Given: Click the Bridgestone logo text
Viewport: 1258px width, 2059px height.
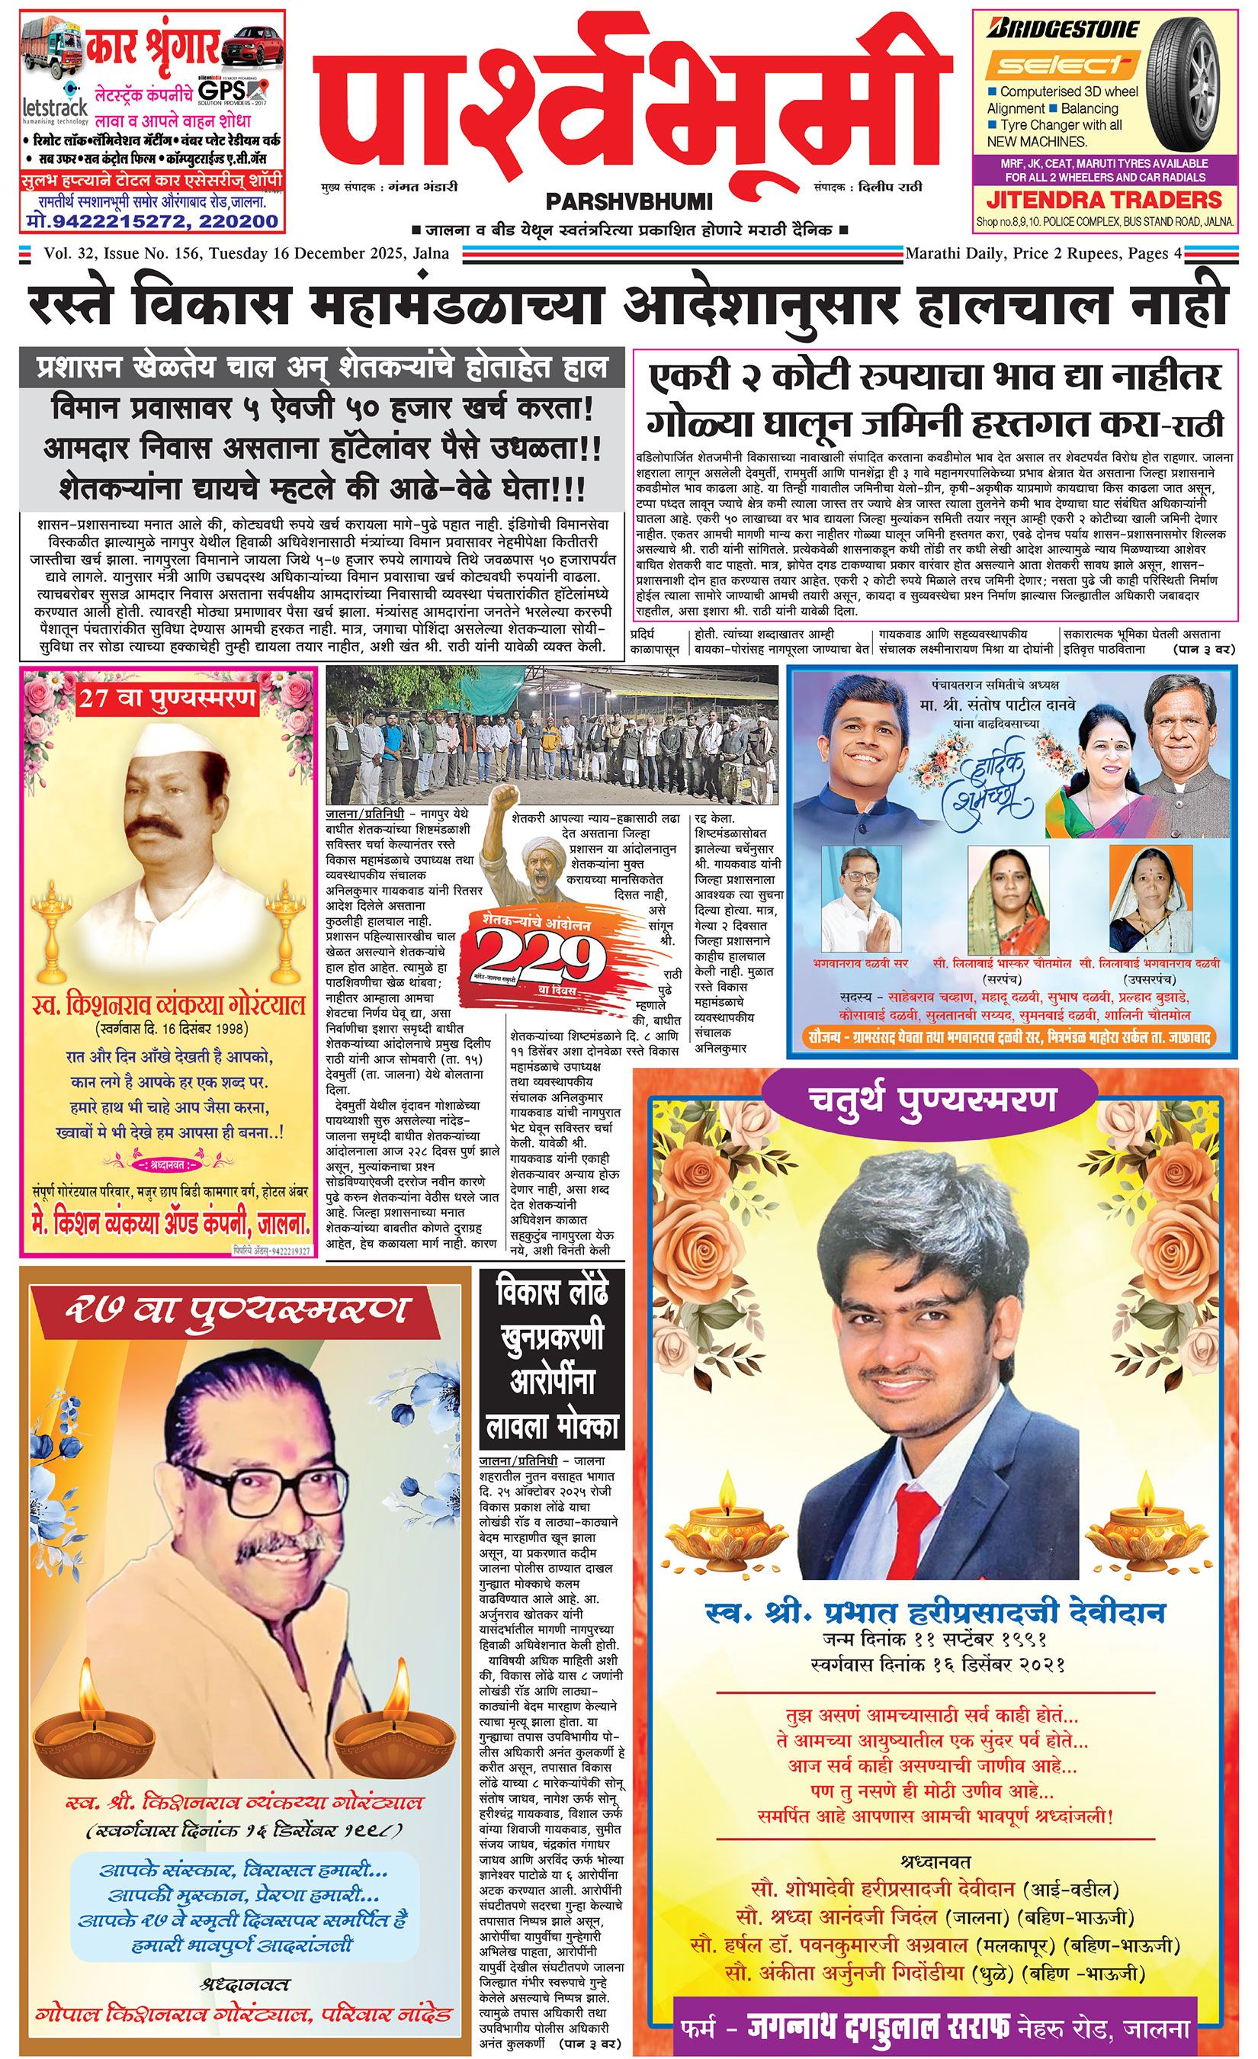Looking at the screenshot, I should click(x=1063, y=29).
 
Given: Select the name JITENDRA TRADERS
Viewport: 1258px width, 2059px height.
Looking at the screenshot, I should click(x=1104, y=200).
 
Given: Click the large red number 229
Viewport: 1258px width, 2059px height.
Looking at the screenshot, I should click(x=540, y=949).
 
